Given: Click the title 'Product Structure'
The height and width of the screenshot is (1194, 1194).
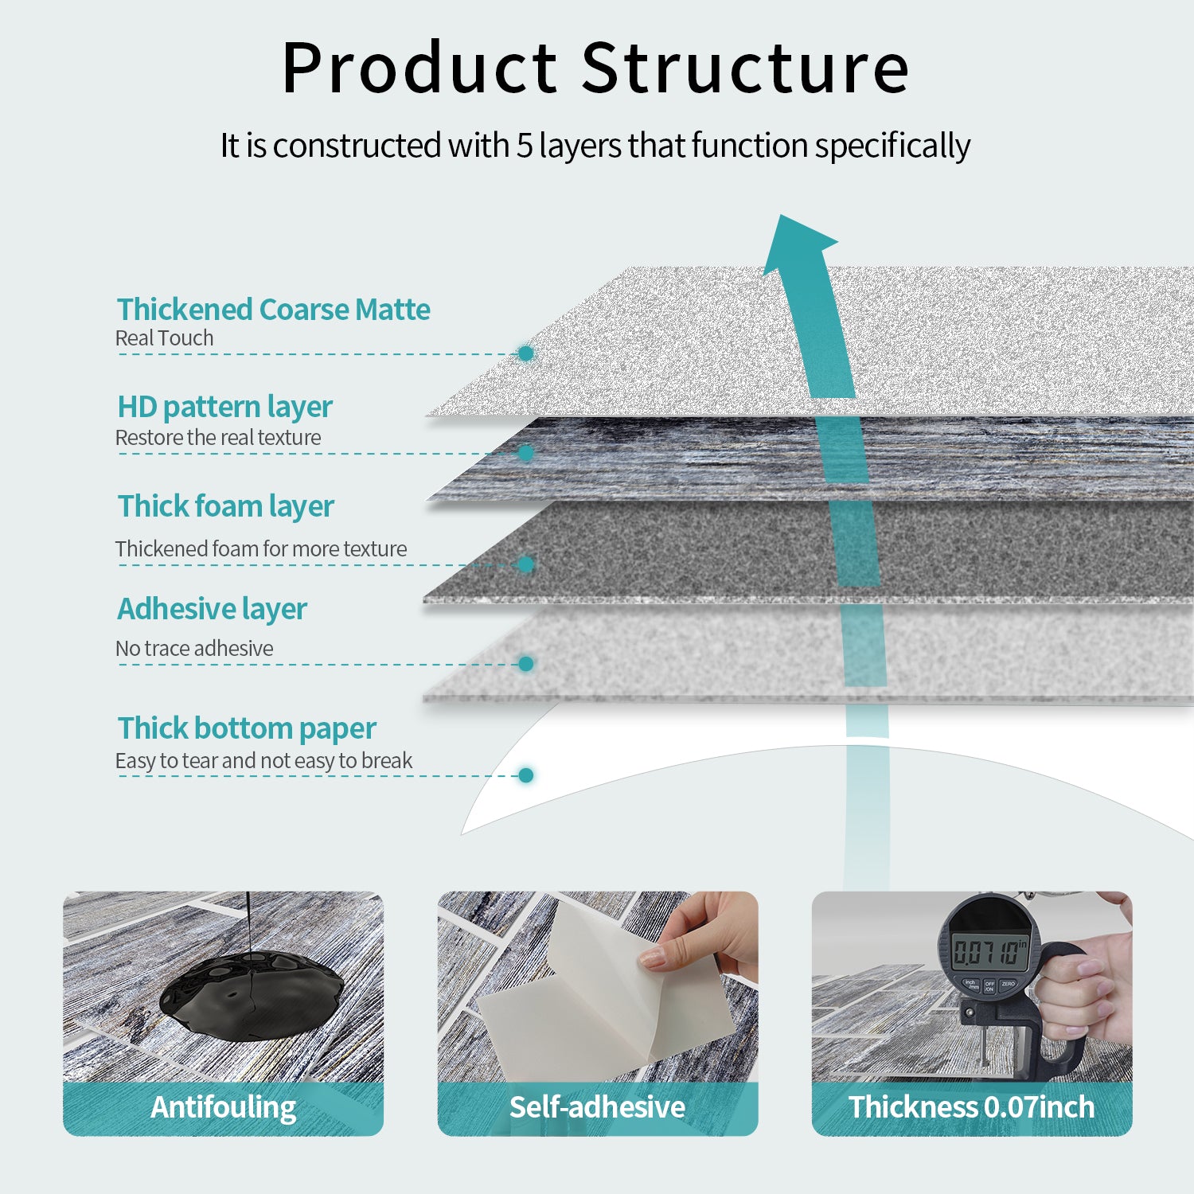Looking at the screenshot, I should tap(595, 68).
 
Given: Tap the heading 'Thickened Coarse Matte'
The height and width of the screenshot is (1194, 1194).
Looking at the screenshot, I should tap(273, 310).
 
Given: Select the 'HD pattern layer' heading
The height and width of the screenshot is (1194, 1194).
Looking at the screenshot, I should tap(224, 407).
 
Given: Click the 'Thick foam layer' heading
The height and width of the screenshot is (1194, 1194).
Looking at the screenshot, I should tap(226, 506).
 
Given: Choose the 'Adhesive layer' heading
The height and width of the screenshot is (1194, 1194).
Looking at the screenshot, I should tap(212, 609).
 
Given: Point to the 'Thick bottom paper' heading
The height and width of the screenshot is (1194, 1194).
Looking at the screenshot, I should tap(247, 728).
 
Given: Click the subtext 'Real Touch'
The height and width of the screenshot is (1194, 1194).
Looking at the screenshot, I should tap(164, 338).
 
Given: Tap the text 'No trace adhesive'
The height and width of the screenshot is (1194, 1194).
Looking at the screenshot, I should tap(194, 649).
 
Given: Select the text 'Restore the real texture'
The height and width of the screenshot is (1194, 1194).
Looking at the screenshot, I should tap(218, 438).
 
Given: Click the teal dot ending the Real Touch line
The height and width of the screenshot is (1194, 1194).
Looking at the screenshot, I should tap(525, 353).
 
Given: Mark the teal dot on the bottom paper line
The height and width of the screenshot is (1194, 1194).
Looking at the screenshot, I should tap(525, 775).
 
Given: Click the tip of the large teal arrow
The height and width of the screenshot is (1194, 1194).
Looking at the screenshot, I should tap(784, 220).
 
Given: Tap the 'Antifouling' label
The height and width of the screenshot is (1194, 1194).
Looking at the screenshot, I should tap(224, 1107).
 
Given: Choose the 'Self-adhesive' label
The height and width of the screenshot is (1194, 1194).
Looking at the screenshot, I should tap(597, 1107).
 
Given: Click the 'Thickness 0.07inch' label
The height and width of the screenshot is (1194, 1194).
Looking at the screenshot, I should tap(971, 1107).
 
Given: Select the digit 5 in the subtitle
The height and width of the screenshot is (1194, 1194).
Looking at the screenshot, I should tap(524, 146).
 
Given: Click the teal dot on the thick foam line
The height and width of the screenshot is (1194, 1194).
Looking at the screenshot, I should tap(525, 564).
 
